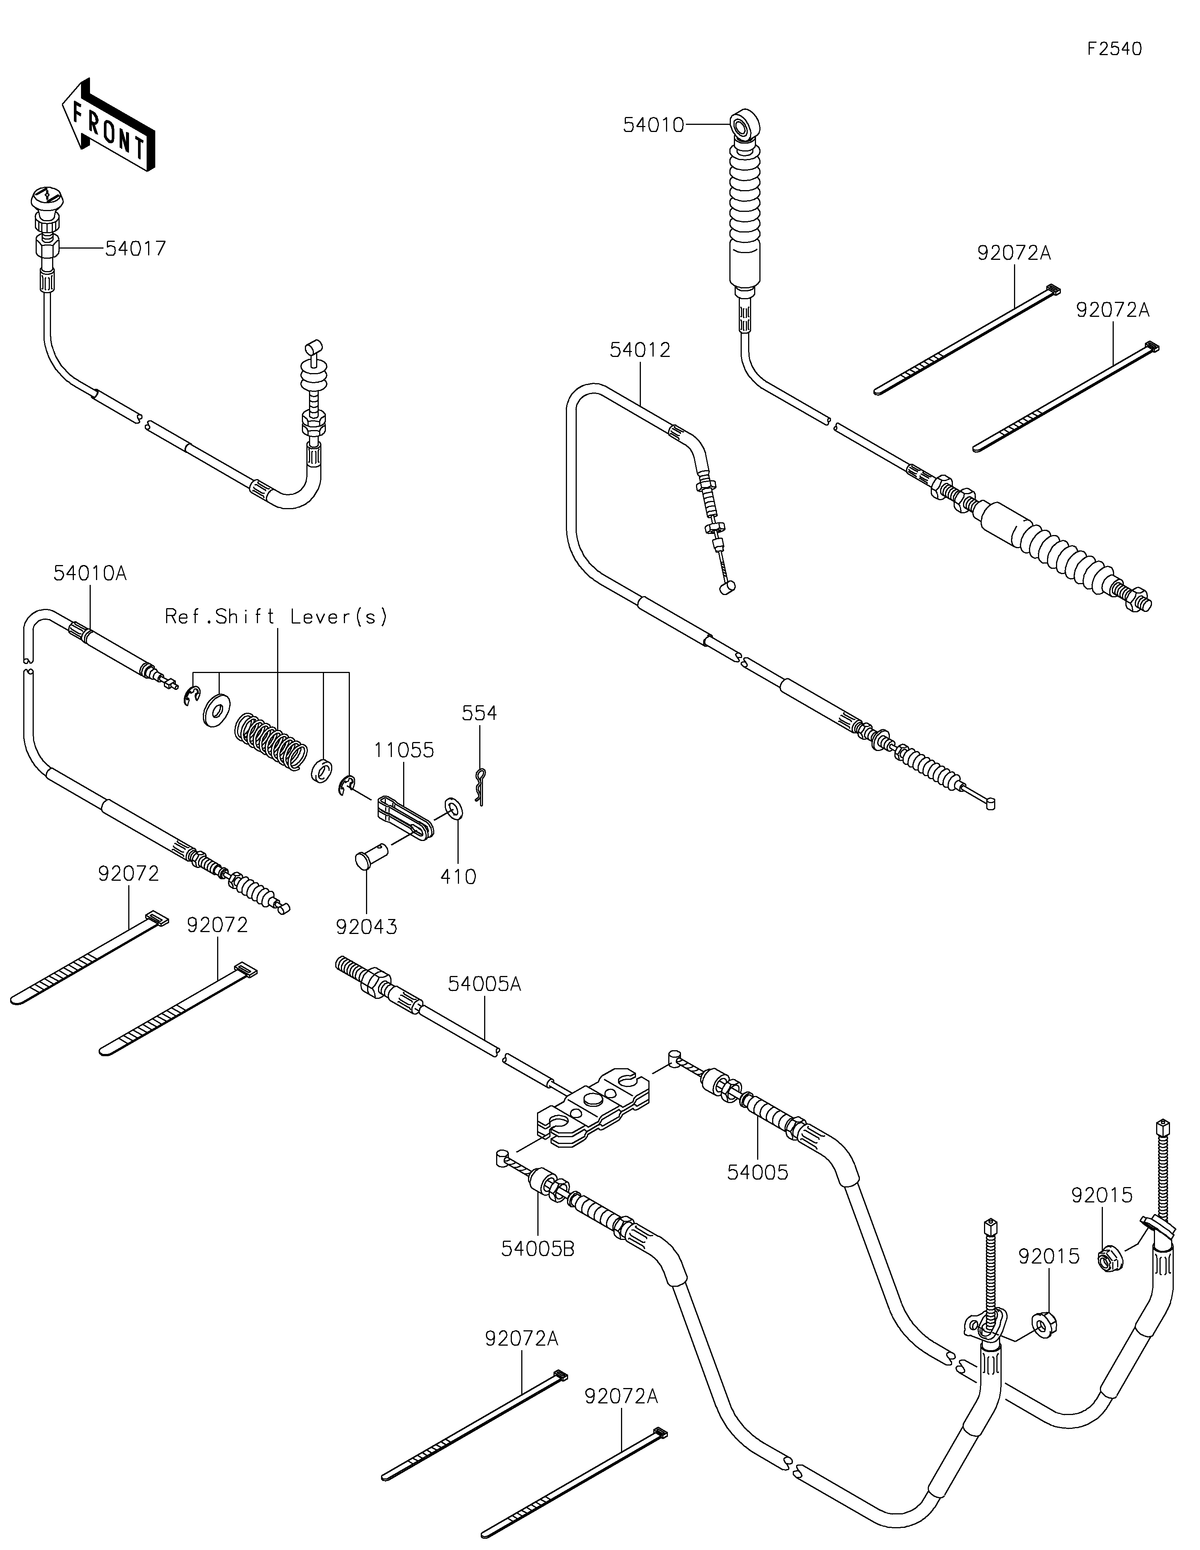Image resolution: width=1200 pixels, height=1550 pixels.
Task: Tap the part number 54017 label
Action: click(x=135, y=248)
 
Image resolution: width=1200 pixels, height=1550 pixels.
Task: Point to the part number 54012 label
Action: click(x=639, y=350)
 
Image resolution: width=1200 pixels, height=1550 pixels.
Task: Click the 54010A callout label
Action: click(x=90, y=573)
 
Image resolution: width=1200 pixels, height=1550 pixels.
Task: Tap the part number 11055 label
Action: click(x=405, y=750)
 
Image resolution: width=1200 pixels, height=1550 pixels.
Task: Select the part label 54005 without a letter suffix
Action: click(x=757, y=1172)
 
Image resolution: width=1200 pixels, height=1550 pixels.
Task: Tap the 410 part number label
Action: click(x=458, y=877)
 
